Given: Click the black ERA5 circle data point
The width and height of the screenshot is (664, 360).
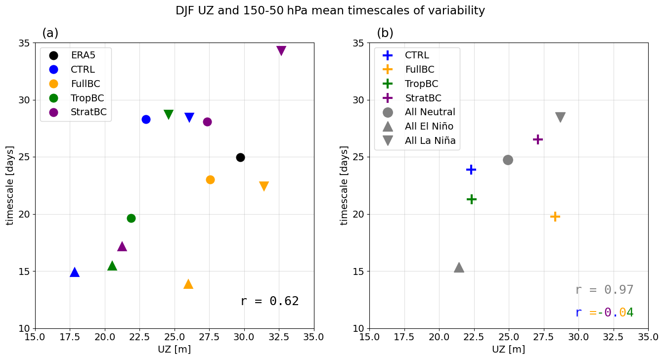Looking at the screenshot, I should point(240,157).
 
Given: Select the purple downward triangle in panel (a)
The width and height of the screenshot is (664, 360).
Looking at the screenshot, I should point(281,50).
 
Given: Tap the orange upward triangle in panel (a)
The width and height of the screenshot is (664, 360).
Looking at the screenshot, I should point(188,284).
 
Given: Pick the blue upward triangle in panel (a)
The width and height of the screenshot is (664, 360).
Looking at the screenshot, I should point(75,272).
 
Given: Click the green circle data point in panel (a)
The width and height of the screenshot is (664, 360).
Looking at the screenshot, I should point(131,218).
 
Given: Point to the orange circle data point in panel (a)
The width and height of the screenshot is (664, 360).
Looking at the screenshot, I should point(210,180).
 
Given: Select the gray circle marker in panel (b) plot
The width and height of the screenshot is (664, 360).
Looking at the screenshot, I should point(508,160).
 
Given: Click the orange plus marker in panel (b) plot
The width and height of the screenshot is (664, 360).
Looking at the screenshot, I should point(555,216).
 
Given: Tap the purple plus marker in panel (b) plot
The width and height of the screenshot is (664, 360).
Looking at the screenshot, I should point(538,139).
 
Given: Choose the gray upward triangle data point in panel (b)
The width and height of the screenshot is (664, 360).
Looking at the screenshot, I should point(459,268).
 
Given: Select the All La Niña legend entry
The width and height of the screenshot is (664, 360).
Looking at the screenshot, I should point(430,140).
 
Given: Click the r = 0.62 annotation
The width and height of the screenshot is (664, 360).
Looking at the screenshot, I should point(269,301).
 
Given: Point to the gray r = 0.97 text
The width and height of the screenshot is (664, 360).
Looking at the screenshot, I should point(604,290).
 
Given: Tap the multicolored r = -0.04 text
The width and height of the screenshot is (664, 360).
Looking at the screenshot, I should point(604,313).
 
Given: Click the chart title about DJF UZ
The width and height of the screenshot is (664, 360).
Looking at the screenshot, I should point(330,10).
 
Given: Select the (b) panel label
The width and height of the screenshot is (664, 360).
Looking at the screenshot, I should point(385,33).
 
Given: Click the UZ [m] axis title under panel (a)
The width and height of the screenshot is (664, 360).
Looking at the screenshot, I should point(174,349).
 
